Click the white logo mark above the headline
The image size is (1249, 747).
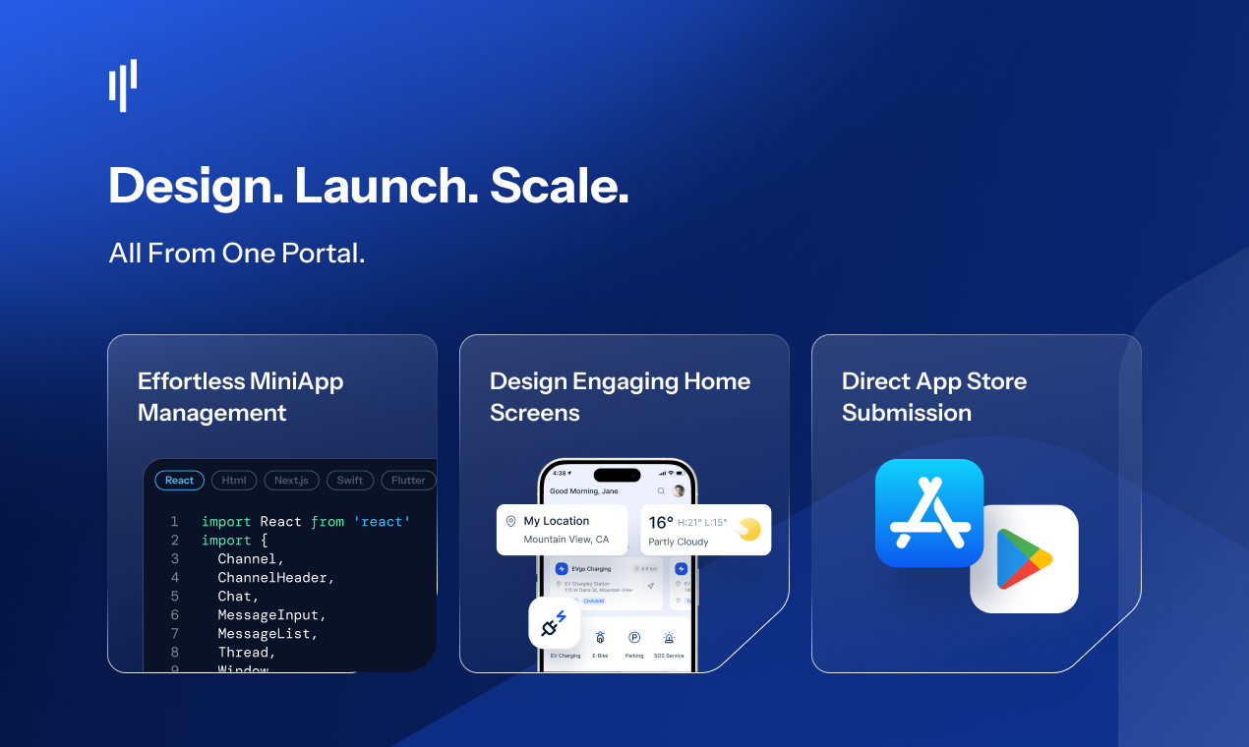point(123,86)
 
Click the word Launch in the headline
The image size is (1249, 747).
point(387,186)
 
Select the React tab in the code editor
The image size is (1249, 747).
point(180,481)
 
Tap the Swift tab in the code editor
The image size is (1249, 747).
point(350,481)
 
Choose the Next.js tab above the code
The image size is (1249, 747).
point(292,481)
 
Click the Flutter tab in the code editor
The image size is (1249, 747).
point(408,481)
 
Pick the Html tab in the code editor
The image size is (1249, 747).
point(234,481)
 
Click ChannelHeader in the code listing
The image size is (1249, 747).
point(276,578)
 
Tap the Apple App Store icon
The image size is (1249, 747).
point(929,513)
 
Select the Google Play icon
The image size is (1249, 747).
point(1025,558)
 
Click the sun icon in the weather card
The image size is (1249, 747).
point(749,530)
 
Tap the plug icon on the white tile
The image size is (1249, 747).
point(554,623)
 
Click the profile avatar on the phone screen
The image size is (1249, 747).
point(679,490)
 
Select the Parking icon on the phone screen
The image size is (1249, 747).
point(634,638)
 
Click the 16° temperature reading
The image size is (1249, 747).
point(661,522)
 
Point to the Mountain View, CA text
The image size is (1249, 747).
point(566,540)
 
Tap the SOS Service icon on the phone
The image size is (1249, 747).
point(669,638)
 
